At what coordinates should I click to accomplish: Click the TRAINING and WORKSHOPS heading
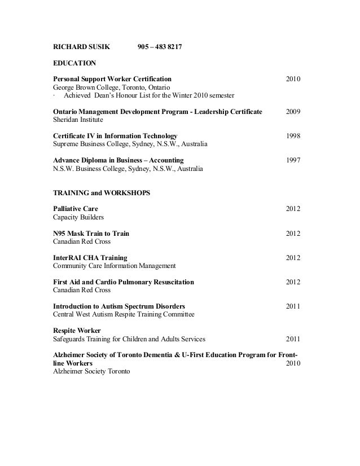coord(102,193)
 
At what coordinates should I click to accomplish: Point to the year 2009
coord(293,112)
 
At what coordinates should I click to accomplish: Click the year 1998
coord(293,136)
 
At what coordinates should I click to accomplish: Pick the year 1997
coord(293,160)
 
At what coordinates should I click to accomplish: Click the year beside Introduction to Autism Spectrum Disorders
coord(293,306)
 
